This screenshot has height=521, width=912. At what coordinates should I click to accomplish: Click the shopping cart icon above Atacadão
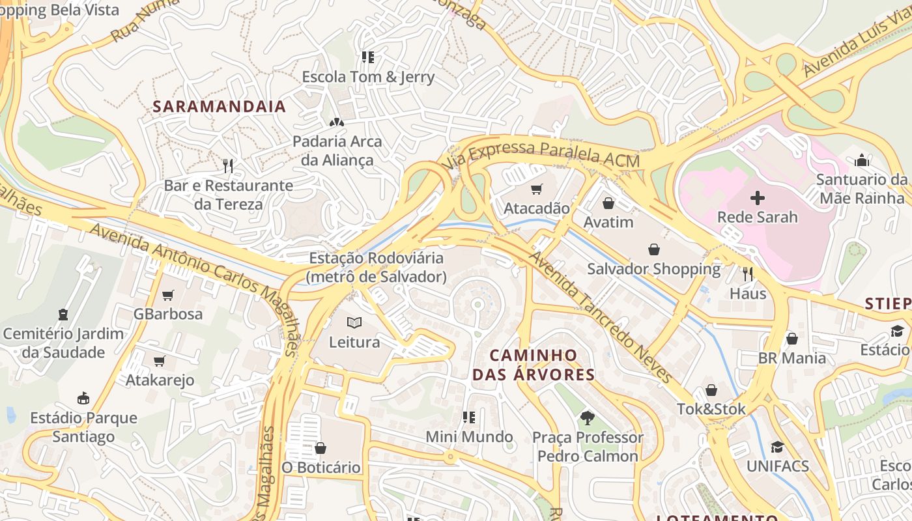536,190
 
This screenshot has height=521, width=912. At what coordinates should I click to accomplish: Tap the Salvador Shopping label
653,269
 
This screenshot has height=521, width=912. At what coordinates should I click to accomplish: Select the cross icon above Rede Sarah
758,198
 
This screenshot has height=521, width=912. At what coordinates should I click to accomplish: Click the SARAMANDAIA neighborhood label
219,107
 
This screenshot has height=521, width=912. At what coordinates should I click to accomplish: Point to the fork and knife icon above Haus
748,274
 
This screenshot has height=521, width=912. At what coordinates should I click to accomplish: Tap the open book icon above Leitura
354,322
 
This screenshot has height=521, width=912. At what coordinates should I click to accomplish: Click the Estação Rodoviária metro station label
377,268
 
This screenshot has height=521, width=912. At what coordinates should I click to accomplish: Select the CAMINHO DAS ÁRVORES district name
534,365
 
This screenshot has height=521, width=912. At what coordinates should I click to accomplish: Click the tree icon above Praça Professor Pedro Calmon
588,417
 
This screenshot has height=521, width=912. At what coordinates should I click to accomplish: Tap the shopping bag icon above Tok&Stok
711,390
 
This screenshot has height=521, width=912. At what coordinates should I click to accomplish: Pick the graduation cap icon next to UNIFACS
777,447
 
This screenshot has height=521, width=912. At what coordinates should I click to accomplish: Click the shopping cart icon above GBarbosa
168,295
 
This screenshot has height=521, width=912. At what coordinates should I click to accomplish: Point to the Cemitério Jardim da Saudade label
63,343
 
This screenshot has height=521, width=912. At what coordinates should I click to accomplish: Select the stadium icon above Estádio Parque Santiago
83,398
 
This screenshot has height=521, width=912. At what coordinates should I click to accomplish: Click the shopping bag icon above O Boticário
321,448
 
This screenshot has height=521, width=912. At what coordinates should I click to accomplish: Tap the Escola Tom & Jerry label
368,77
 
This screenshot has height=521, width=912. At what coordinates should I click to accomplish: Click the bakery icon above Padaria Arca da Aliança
337,122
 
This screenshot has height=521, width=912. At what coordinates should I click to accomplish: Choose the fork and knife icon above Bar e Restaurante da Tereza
228,166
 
